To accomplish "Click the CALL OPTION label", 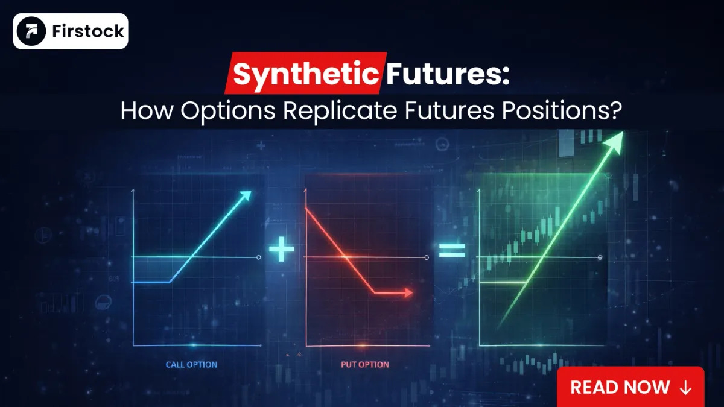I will coord(191,365).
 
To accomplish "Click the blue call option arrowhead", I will coord(245,196).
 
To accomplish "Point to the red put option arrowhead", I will coord(408,292).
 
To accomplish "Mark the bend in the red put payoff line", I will coord(375,292).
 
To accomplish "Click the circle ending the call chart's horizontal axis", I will coord(259,257).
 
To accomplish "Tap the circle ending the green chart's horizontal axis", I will coord(600,257).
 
